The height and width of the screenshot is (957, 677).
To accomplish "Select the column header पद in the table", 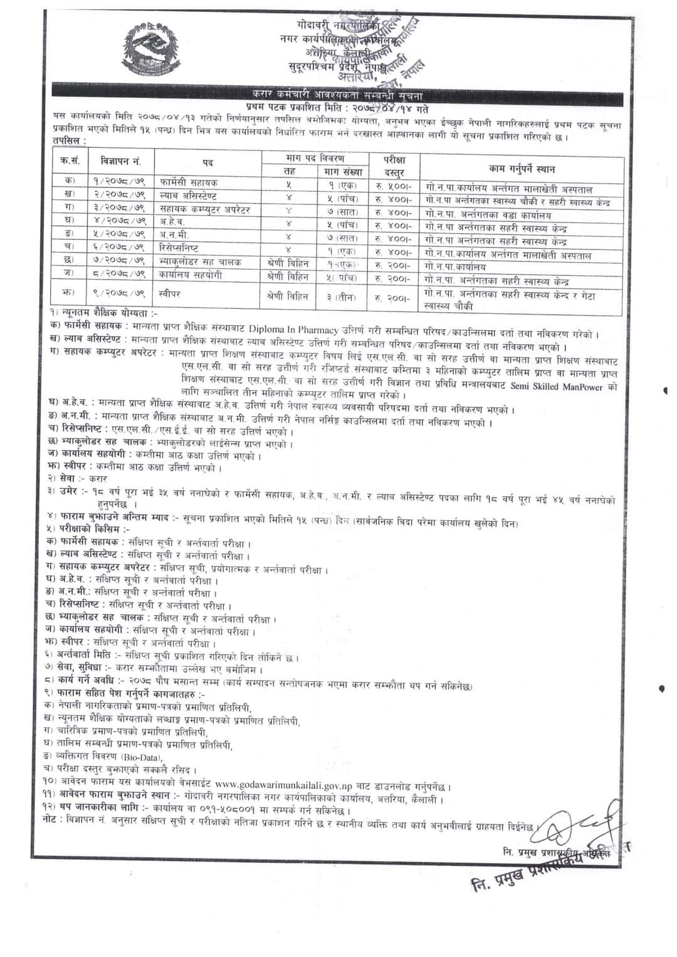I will coord(207,163).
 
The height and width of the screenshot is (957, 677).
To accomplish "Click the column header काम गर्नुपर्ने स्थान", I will coord(522,169).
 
